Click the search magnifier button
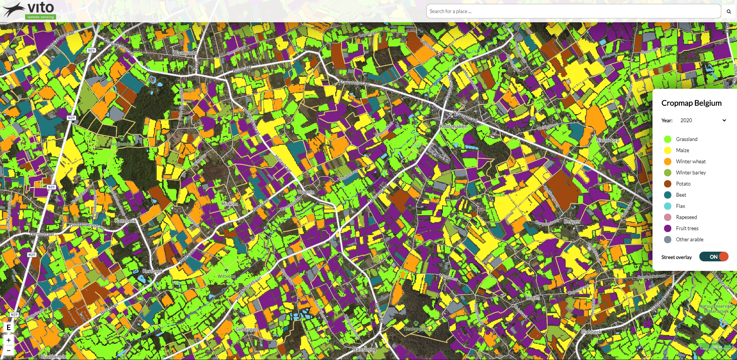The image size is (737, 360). (x=729, y=12)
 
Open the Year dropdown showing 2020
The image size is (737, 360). (x=703, y=120)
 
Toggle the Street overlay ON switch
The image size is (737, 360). (x=714, y=257)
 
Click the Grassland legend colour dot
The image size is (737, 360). (x=668, y=139)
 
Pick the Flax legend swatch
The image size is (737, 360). (x=668, y=206)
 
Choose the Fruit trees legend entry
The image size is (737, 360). (x=687, y=228)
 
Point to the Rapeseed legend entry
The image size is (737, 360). (x=686, y=217)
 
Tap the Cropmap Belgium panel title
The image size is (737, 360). (x=691, y=103)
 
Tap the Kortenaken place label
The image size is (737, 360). (x=454, y=126)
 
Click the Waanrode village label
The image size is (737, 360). (x=185, y=53)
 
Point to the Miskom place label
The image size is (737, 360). (x=230, y=204)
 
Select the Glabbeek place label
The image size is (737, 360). (x=591, y=332)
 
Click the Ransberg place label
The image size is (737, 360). (x=364, y=349)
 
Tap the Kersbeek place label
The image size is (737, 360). (x=152, y=271)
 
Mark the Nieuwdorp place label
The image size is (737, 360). (x=608, y=140)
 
